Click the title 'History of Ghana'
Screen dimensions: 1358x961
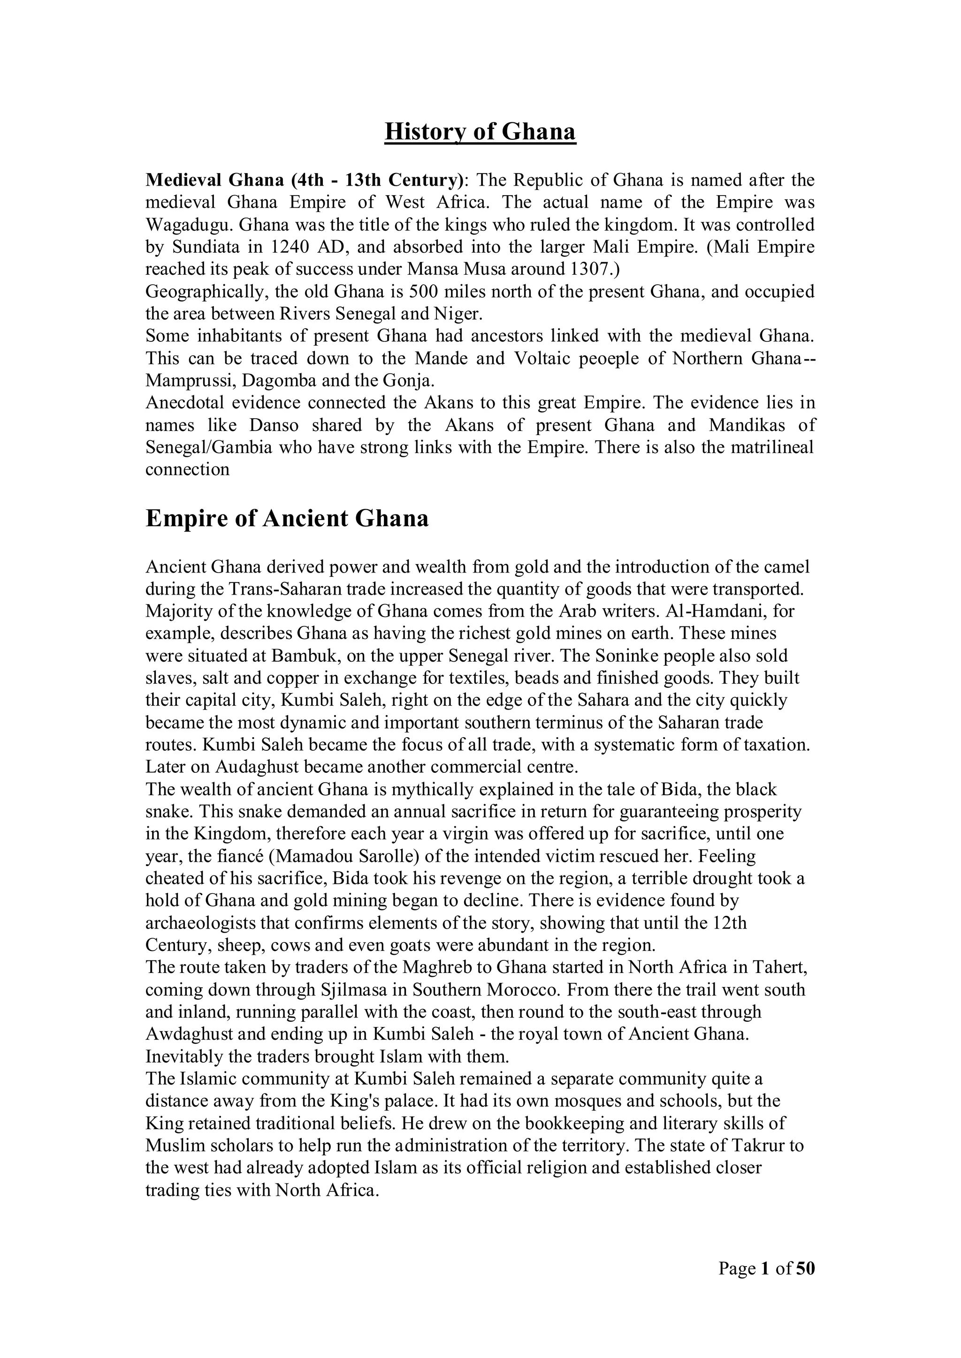click(x=480, y=131)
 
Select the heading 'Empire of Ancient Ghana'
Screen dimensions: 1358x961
click(x=287, y=519)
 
